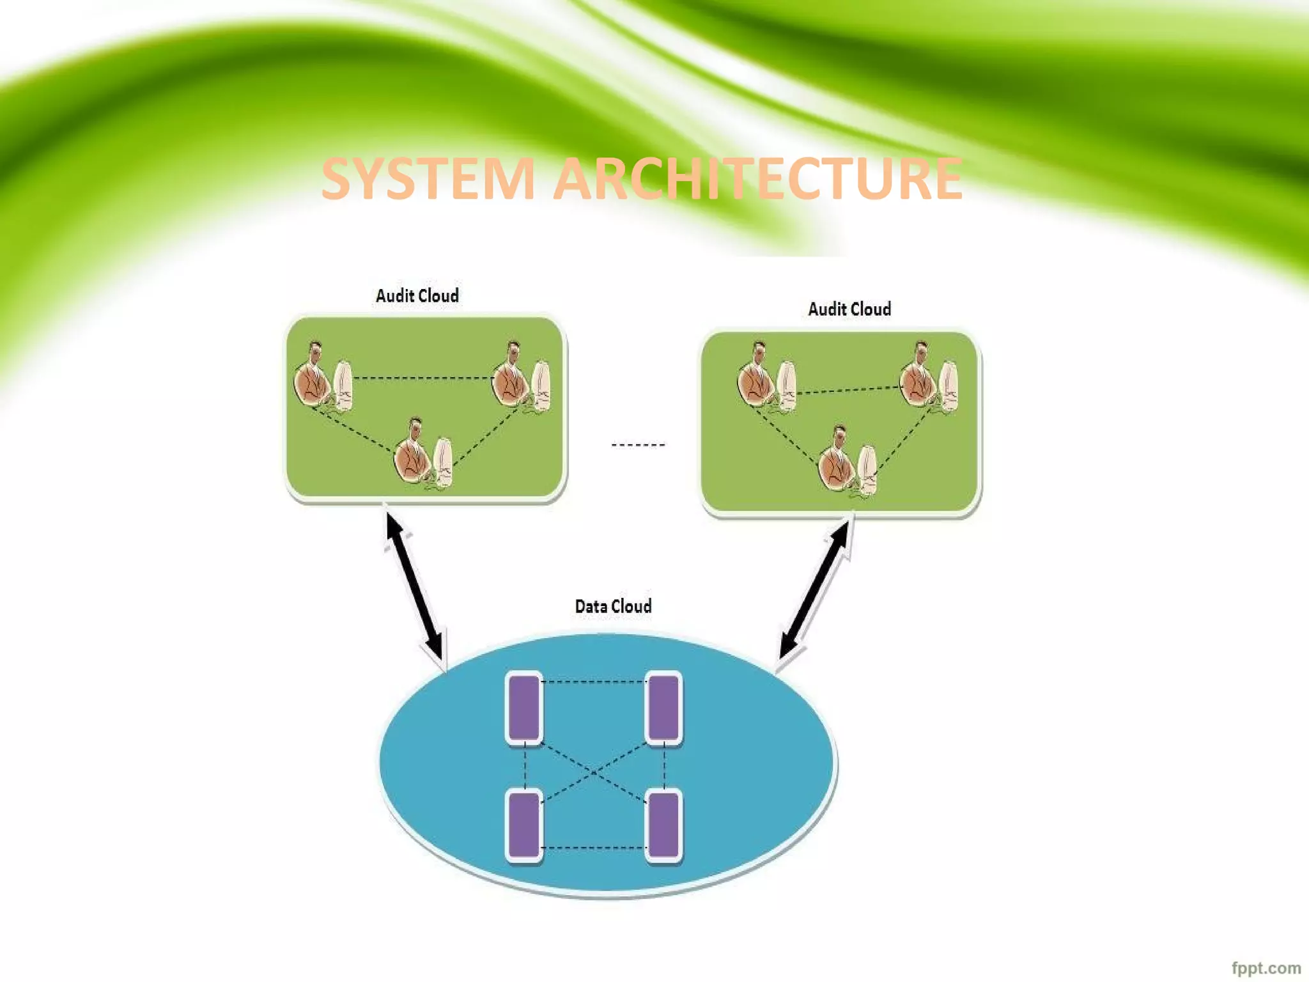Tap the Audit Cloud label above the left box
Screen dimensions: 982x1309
point(417,295)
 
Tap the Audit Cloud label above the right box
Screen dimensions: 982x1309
point(849,309)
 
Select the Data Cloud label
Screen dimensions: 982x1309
point(613,606)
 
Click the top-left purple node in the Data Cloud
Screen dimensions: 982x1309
point(524,708)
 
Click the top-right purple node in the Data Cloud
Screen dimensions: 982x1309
point(663,708)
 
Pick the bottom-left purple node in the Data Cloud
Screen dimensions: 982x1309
point(524,826)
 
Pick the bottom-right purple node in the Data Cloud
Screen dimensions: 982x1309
point(663,826)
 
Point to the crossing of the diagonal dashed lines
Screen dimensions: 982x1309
point(594,773)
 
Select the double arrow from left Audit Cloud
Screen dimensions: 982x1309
point(414,586)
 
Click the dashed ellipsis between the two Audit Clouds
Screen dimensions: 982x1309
point(638,444)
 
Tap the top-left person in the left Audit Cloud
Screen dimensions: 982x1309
point(314,377)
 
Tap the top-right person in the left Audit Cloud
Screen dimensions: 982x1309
point(511,377)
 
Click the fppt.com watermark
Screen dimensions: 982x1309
point(1266,968)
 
